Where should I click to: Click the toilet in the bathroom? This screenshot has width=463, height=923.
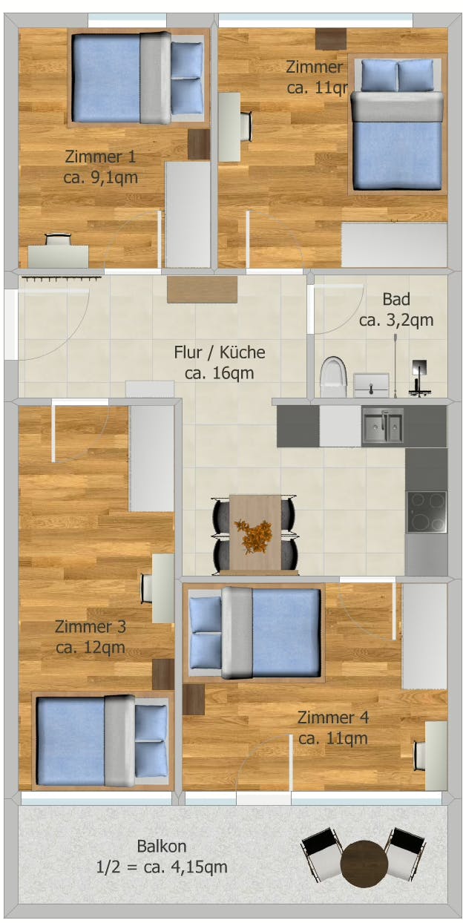click(x=334, y=377)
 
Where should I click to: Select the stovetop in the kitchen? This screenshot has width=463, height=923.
click(x=427, y=511)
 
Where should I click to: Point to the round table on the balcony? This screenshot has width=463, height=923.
click(x=364, y=861)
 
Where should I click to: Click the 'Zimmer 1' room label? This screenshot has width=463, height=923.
click(x=100, y=157)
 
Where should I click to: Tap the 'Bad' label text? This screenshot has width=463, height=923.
click(x=396, y=299)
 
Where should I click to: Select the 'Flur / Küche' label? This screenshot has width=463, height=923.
click(x=219, y=352)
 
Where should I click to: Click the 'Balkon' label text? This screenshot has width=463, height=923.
click(x=162, y=846)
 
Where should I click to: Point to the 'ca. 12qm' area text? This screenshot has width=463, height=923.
click(x=90, y=648)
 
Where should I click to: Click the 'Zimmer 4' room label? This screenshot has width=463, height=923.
click(x=333, y=717)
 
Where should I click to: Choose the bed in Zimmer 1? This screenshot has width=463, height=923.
click(x=137, y=77)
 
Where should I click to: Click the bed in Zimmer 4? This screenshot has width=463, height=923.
click(x=255, y=633)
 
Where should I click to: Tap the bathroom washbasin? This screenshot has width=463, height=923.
click(x=371, y=384)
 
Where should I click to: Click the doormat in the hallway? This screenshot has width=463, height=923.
click(x=202, y=289)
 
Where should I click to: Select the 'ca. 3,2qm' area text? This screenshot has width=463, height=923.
click(x=396, y=321)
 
